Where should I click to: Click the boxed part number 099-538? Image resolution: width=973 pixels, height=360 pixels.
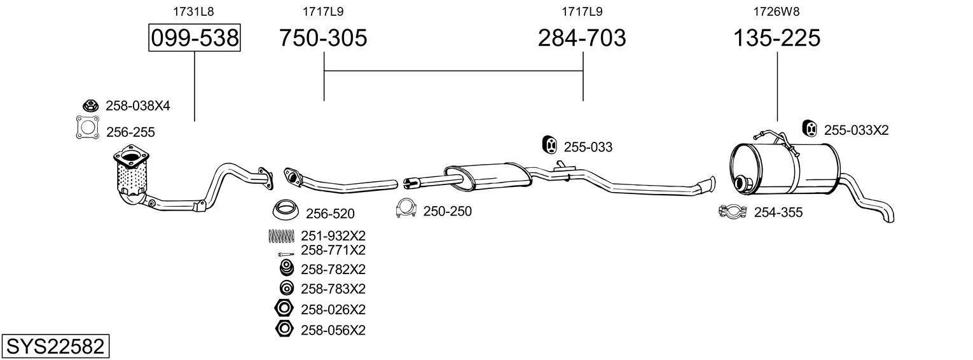pos(195,38)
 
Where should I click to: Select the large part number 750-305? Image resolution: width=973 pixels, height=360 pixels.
pos(323,38)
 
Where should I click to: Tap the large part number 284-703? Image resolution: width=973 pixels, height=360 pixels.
pos(582,38)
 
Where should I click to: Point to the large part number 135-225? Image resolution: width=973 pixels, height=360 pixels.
pos(776,38)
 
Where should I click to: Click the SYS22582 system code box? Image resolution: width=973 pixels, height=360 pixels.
pos(55,347)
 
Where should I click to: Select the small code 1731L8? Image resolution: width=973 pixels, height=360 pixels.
pos(194,11)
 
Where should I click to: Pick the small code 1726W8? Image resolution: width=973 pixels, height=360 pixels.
pos(776,11)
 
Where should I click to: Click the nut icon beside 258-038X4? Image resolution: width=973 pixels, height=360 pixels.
pos(90,106)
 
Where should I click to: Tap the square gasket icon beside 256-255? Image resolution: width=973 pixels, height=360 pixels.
pos(87,128)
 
